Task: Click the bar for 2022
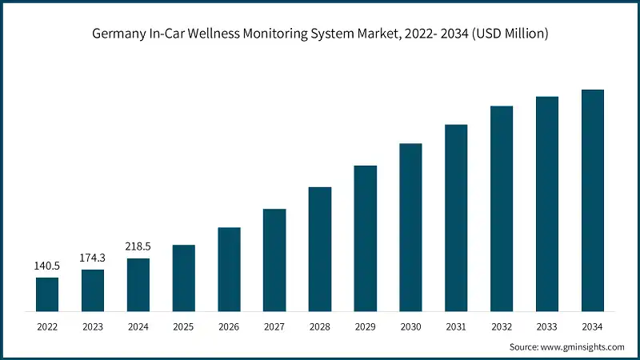point(47,294)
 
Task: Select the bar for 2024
point(138,284)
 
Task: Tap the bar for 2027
point(274,259)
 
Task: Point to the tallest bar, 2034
point(592,200)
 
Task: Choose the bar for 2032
point(502,208)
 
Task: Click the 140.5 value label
point(47,266)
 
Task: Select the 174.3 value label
point(93,258)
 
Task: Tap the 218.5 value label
point(138,246)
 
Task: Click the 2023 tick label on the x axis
point(93,326)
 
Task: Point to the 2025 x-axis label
point(183,326)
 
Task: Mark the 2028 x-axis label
point(320,326)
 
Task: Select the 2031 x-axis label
point(456,326)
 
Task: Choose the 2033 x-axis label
point(547,326)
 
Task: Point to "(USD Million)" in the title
point(506,34)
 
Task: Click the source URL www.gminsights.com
point(583,346)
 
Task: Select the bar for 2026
point(229,269)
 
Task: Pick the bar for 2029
point(366,238)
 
